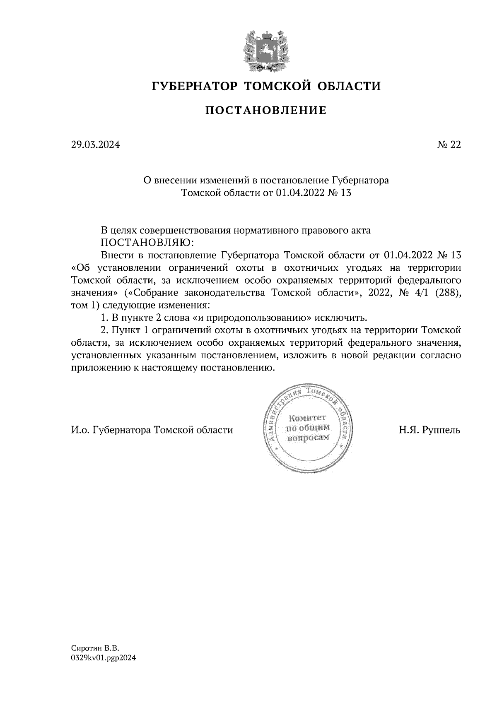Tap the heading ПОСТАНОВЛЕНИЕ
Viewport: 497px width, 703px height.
pos(265,111)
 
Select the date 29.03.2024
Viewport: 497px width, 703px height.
pos(95,145)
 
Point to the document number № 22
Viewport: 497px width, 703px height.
pos(449,145)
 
